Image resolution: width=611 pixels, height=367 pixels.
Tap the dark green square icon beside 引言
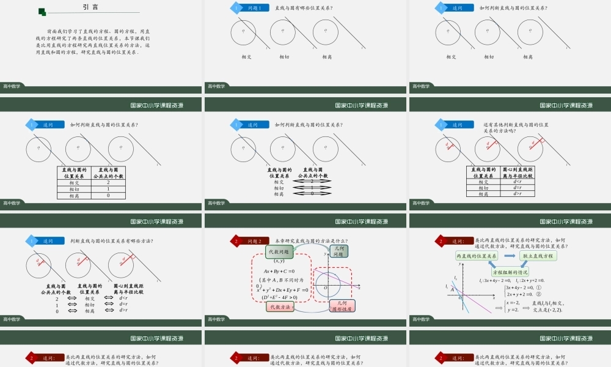click(x=42, y=12)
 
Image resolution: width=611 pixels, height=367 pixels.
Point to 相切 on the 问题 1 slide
click(x=284, y=57)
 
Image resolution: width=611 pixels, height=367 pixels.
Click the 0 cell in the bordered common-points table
click(x=108, y=196)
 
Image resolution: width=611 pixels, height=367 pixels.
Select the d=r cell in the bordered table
click(x=518, y=188)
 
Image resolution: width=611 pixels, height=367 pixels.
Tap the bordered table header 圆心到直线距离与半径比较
click(x=518, y=172)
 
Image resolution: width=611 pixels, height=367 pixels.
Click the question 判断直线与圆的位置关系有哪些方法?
click(x=112, y=241)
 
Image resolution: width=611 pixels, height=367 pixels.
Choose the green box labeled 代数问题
click(x=279, y=251)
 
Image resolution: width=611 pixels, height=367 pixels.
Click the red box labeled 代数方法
click(x=279, y=307)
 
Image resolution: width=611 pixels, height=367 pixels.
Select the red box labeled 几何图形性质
click(x=342, y=306)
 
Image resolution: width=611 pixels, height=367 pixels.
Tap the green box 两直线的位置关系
click(x=477, y=256)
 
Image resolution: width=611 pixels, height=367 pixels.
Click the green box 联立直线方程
click(x=538, y=256)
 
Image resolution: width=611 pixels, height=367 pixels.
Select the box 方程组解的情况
click(x=514, y=272)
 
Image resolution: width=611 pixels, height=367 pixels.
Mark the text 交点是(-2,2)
click(x=547, y=310)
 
